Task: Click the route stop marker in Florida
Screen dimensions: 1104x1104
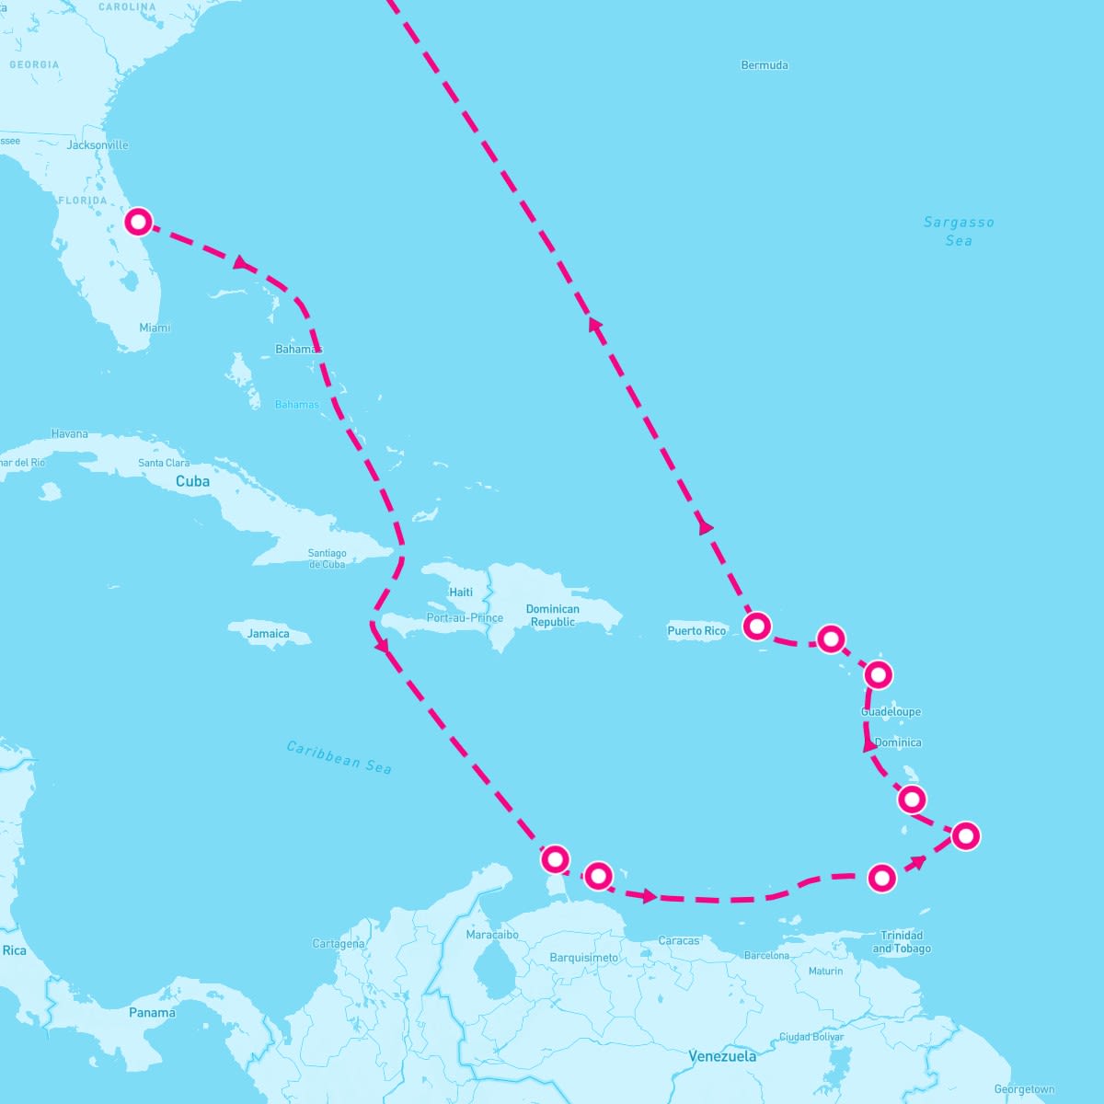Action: pyautogui.click(x=138, y=222)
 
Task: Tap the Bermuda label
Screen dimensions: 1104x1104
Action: pyautogui.click(x=765, y=65)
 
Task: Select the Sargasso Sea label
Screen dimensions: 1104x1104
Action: pyautogui.click(x=959, y=231)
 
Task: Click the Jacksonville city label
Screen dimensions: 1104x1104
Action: pyautogui.click(x=98, y=145)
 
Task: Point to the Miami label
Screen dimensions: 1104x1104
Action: pyautogui.click(x=155, y=328)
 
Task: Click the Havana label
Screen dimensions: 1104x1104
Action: pyautogui.click(x=70, y=433)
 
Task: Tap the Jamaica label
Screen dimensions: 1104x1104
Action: pyautogui.click(x=269, y=634)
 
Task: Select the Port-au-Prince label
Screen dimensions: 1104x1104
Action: pyautogui.click(x=465, y=618)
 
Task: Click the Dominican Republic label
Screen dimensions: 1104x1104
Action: pyautogui.click(x=553, y=615)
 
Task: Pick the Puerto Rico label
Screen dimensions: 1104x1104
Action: pyautogui.click(x=696, y=631)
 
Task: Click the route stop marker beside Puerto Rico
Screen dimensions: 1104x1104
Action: pyautogui.click(x=756, y=627)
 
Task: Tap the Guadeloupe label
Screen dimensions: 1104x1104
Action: pyautogui.click(x=891, y=712)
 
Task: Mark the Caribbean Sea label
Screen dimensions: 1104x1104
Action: pyautogui.click(x=339, y=757)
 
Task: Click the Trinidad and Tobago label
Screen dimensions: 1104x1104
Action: pyautogui.click(x=902, y=942)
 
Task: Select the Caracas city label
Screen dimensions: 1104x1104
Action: pyautogui.click(x=679, y=941)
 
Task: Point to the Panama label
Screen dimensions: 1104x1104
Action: pyautogui.click(x=152, y=1013)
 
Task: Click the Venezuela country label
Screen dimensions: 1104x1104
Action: pyautogui.click(x=723, y=1056)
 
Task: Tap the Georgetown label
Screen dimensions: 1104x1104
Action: pyautogui.click(x=1024, y=1090)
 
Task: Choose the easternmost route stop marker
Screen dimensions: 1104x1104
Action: pyautogui.click(x=965, y=835)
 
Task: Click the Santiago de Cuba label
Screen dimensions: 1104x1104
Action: pyautogui.click(x=328, y=558)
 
